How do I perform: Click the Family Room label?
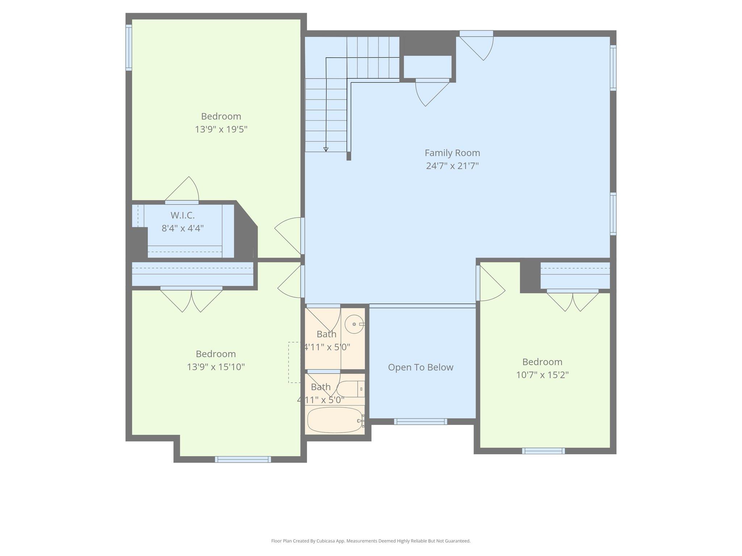tap(452, 153)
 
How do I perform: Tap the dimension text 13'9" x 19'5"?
tap(221, 129)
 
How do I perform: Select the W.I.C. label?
tap(183, 215)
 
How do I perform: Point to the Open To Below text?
tap(421, 367)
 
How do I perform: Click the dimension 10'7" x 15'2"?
tap(542, 375)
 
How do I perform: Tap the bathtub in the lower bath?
tap(334, 420)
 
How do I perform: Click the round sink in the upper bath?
tap(354, 324)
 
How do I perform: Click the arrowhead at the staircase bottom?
tap(326, 149)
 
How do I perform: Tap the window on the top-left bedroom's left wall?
tap(129, 47)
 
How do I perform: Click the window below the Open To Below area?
tap(420, 421)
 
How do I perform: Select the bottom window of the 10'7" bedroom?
tap(543, 451)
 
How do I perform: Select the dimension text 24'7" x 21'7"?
tap(452, 166)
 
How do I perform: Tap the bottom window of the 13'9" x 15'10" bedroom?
tap(243, 459)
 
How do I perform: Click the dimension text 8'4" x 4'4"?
tap(183, 228)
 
